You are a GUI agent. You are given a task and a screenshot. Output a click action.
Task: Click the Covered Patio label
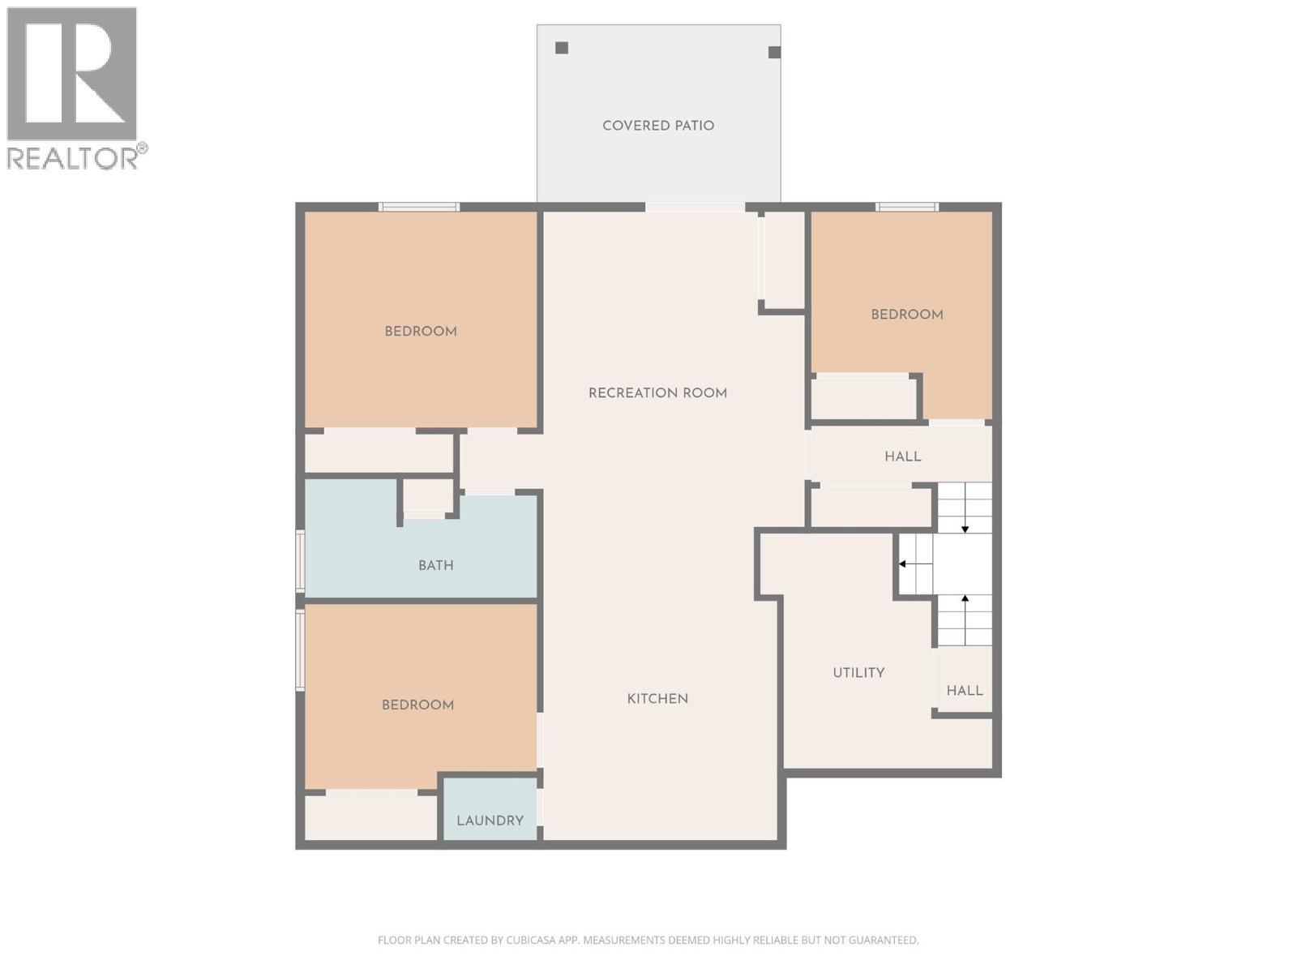(x=658, y=126)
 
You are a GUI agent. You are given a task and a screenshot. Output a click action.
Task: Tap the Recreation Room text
(x=657, y=393)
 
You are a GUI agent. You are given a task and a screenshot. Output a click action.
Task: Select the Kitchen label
(x=657, y=699)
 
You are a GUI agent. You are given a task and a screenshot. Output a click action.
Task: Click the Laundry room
(x=490, y=821)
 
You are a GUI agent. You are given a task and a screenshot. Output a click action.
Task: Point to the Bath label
(x=435, y=566)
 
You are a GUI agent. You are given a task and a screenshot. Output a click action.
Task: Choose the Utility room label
(x=858, y=673)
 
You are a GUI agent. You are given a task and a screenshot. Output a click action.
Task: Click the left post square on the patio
(x=562, y=48)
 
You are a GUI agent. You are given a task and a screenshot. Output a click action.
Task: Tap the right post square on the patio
(x=774, y=53)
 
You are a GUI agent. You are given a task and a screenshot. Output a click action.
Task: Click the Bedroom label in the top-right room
(x=906, y=315)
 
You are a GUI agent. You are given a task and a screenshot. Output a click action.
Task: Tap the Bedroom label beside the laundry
(x=417, y=705)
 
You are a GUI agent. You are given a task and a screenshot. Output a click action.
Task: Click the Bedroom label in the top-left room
(x=420, y=332)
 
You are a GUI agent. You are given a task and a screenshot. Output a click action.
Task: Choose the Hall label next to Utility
(x=965, y=691)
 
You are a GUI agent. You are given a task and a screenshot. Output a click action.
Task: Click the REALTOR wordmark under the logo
(x=73, y=158)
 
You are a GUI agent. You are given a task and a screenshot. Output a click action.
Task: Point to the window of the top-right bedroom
(x=907, y=208)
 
